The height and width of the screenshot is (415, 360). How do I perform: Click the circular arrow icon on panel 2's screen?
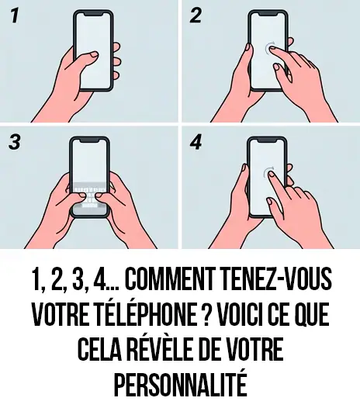pos(272,49)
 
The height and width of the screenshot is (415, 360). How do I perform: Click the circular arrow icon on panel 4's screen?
pos(269,173)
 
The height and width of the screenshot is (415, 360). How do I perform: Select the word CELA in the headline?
pos(101,350)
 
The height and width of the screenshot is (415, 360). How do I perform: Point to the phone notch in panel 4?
pos(268,142)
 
